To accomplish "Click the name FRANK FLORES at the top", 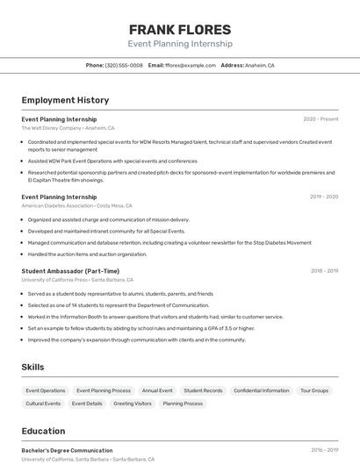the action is point(180,29).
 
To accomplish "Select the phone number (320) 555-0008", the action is point(124,65).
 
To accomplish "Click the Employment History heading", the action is point(65,100).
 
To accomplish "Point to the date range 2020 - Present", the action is point(320,119).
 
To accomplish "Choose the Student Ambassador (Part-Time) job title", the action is point(70,271).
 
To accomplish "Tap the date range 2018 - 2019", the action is point(324,271).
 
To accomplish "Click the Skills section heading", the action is point(33,367).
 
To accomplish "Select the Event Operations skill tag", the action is point(46,390).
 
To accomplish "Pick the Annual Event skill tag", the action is point(157,390).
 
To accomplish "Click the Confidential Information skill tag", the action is point(261,390).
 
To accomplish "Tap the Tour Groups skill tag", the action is point(313,390).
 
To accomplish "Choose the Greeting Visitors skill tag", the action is point(133,404).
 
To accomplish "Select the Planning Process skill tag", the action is point(183,404).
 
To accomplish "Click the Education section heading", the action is point(43,431).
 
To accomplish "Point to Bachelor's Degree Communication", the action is point(67,450).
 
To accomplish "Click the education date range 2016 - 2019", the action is point(324,450).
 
